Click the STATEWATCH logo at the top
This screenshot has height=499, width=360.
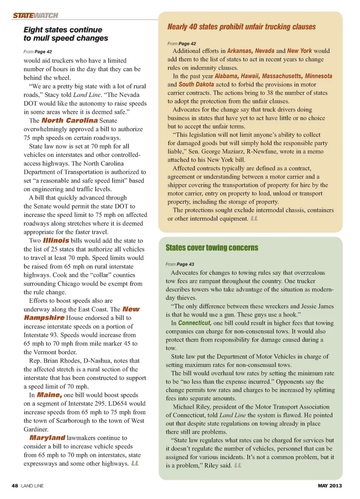(x=36, y=15)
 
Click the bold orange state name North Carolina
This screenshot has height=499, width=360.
(x=69, y=120)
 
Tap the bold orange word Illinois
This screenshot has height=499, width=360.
(x=56, y=241)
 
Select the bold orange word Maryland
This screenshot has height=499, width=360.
(x=47, y=438)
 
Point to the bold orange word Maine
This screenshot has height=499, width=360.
(x=49, y=395)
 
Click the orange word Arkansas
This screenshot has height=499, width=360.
(x=240, y=51)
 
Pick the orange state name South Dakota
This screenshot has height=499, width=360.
(x=196, y=84)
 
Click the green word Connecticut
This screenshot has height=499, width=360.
(x=195, y=323)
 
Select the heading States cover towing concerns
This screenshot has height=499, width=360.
(x=212, y=248)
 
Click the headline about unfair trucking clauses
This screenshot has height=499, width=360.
(x=241, y=27)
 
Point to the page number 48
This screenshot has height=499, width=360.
(x=15, y=486)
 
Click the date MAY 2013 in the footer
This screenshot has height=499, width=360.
(x=330, y=486)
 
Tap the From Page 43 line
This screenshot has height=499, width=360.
(x=180, y=264)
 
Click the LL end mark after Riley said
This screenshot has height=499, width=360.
(x=238, y=465)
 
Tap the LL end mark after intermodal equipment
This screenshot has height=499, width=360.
(x=254, y=219)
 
